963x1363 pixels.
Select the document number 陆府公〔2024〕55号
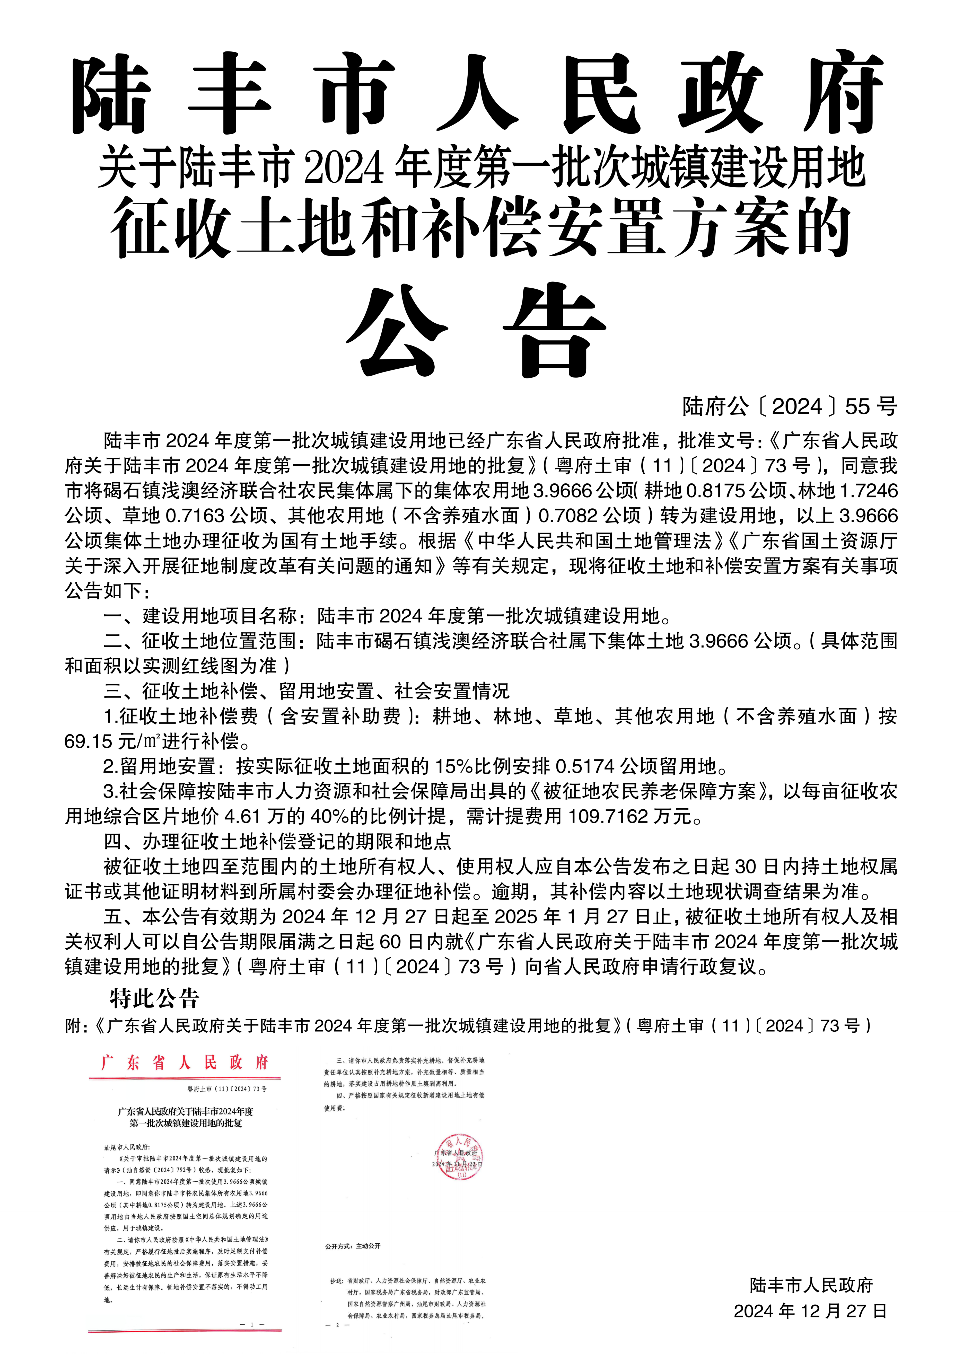coord(790,407)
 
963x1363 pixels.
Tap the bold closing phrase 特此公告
coord(154,998)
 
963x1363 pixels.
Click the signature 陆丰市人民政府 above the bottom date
coord(811,1285)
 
